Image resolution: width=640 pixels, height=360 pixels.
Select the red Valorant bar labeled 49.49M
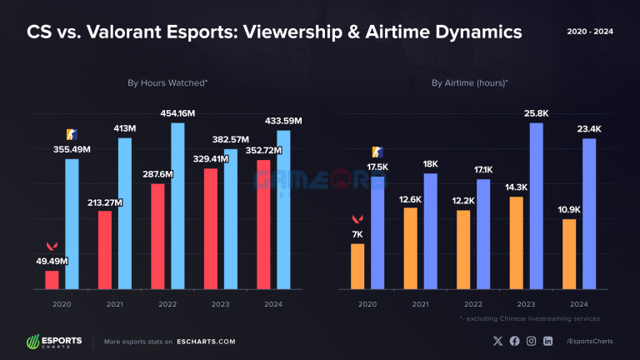(52, 280)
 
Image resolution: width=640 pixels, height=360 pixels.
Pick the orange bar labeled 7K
(357, 267)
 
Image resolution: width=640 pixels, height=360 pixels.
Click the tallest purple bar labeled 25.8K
(536, 207)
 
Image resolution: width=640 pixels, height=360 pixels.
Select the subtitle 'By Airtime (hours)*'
(470, 83)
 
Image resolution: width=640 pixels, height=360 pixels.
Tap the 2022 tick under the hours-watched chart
(167, 304)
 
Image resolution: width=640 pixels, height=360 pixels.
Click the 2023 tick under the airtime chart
(527, 304)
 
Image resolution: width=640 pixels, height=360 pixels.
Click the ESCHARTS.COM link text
(206, 342)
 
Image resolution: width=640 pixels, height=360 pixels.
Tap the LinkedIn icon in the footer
(547, 342)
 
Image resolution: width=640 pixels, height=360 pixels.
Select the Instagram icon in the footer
(531, 342)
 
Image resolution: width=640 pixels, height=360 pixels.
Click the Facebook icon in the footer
(514, 342)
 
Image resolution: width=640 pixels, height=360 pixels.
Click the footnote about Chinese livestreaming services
(529, 318)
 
